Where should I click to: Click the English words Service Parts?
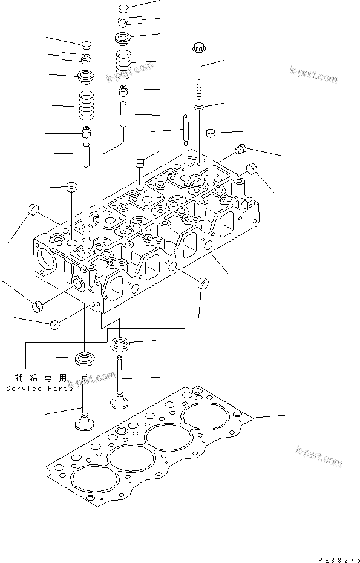click(39, 388)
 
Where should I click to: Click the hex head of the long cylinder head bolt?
click(199, 47)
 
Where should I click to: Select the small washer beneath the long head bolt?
click(199, 108)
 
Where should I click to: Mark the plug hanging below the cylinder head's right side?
click(203, 282)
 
